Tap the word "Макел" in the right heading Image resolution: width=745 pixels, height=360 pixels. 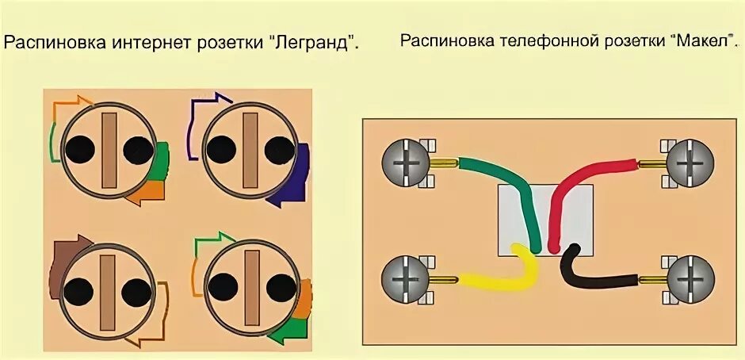tap(702, 40)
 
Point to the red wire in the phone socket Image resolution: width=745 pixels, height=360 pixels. tap(579, 178)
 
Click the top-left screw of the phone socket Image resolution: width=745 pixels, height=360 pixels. tap(405, 164)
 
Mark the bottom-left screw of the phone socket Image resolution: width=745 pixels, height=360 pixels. tap(405, 279)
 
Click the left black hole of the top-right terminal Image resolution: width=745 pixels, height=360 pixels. tap(221, 148)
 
